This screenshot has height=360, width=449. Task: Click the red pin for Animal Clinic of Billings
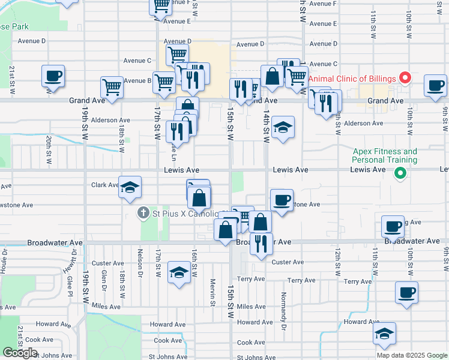[405, 78]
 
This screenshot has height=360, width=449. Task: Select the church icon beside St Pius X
[143, 212]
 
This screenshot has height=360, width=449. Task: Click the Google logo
[20, 353]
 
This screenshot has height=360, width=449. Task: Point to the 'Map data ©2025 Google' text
[411, 355]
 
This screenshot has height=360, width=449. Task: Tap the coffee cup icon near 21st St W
[53, 76]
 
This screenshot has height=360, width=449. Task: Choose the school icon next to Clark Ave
[130, 187]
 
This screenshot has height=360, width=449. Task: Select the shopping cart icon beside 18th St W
[112, 87]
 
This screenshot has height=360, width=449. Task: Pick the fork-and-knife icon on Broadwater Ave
[261, 244]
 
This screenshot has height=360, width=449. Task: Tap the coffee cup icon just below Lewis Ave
[281, 200]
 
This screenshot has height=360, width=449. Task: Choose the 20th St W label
[49, 149]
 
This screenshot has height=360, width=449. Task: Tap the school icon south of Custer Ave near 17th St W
[178, 272]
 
